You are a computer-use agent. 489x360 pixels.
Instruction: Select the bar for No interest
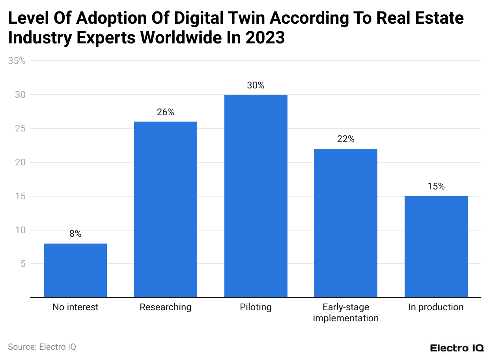click(75, 270)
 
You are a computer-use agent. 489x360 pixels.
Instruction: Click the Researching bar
click(166, 210)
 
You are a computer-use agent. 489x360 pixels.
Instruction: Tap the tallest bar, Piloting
click(256, 196)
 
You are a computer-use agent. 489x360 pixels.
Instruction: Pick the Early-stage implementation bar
click(346, 223)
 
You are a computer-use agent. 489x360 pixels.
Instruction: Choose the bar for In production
click(436, 247)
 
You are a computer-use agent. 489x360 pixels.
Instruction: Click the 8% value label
click(75, 234)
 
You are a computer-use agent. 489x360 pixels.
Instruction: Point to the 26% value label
click(166, 112)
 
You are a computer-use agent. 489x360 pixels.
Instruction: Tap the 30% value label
click(256, 85)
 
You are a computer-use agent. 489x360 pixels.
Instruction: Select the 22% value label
click(346, 139)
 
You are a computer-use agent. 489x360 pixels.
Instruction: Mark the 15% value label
click(436, 186)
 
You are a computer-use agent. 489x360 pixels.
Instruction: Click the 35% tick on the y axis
click(17, 61)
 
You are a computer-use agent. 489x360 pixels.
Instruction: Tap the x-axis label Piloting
click(256, 307)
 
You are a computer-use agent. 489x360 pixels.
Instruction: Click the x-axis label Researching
click(166, 307)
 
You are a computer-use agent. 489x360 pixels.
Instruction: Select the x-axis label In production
click(436, 307)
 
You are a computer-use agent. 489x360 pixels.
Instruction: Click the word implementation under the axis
click(346, 318)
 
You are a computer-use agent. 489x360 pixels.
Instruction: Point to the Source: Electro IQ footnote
click(42, 347)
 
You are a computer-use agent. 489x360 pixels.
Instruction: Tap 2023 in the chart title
click(265, 38)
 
